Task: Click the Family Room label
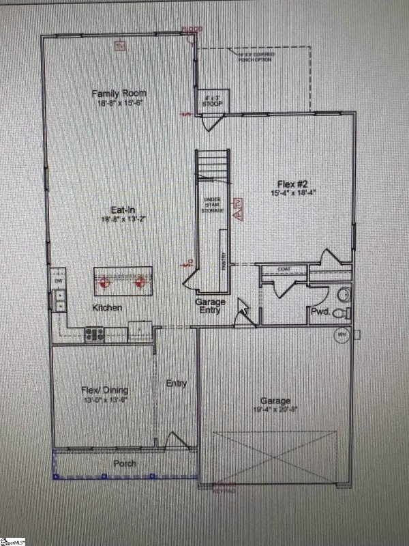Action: coord(120,93)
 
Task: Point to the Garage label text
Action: coord(275,401)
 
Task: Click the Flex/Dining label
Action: coord(105,390)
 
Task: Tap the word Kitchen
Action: coord(108,308)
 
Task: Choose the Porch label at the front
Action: coord(125,464)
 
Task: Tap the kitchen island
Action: coord(123,281)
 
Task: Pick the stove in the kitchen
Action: coord(94,334)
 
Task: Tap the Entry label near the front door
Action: coord(176,384)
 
